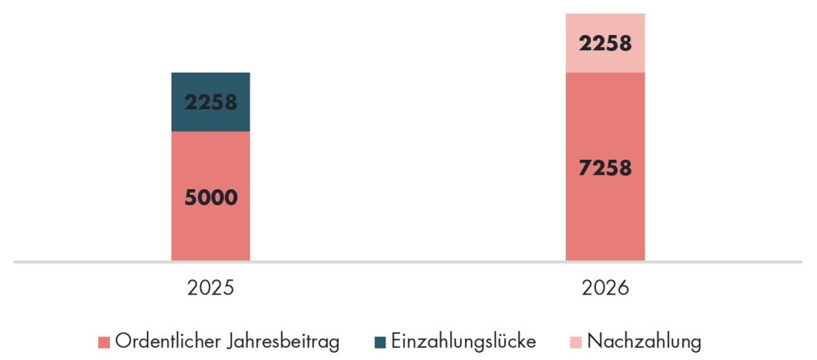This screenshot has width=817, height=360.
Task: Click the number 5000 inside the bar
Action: (x=211, y=197)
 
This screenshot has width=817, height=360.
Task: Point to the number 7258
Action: (x=605, y=168)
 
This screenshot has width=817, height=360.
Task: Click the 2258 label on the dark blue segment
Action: (x=211, y=102)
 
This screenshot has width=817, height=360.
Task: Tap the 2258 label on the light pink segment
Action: (x=605, y=42)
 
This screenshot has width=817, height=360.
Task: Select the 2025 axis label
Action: (x=211, y=288)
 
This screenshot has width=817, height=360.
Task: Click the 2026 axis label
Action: (x=605, y=288)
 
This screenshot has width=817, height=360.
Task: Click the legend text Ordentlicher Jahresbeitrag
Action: (x=227, y=342)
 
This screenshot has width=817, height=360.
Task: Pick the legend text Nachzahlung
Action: (x=644, y=342)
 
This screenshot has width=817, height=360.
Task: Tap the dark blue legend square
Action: (x=380, y=342)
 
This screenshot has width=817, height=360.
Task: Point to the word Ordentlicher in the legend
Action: (x=165, y=342)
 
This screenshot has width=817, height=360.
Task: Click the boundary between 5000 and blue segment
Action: (x=211, y=132)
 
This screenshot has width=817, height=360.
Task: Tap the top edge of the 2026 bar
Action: (x=605, y=14)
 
